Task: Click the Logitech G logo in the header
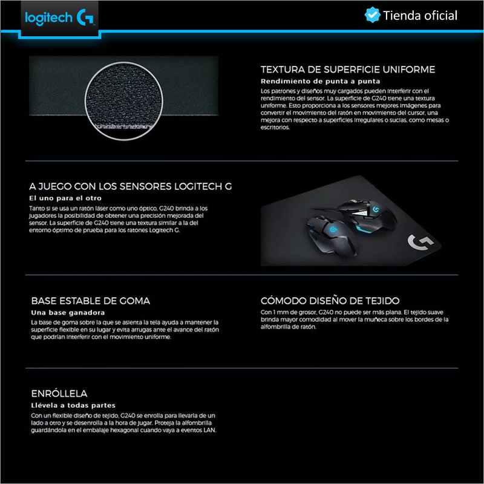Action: click(x=58, y=18)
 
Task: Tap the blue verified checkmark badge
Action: click(x=371, y=15)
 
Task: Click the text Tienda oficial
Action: click(x=420, y=16)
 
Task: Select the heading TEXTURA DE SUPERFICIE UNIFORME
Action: click(x=348, y=70)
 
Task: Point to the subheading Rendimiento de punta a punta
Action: click(x=320, y=81)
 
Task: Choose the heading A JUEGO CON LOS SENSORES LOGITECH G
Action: click(x=131, y=187)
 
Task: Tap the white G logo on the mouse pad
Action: click(x=419, y=243)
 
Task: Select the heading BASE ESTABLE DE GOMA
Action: click(x=91, y=301)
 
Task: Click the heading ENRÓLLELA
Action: click(x=59, y=393)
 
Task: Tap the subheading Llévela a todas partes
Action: click(x=73, y=405)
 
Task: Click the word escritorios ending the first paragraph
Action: click(x=275, y=128)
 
